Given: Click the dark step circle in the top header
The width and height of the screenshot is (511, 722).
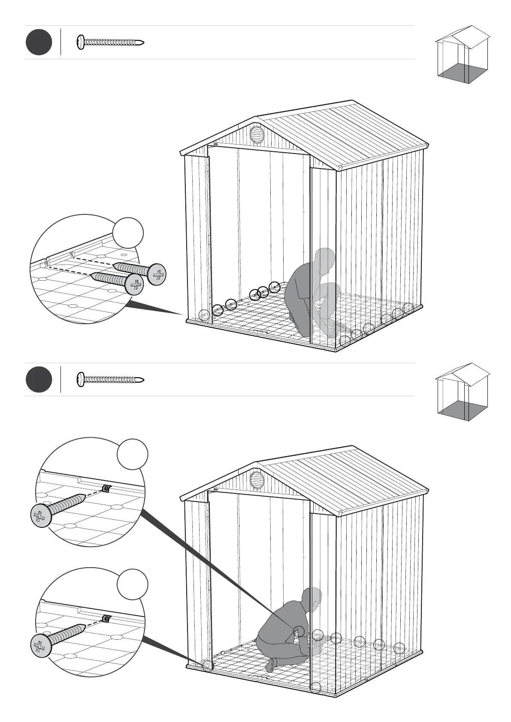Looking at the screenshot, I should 39,42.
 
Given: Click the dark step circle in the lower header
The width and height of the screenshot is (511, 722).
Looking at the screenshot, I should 39,379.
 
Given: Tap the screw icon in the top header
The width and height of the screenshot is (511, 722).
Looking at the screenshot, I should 110,42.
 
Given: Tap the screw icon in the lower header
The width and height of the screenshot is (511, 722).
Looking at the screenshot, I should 110,379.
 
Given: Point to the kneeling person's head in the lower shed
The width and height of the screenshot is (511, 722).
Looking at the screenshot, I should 312,599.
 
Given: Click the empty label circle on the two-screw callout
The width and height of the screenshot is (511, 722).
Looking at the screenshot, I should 128,232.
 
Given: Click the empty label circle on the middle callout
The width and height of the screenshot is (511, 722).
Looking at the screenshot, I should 133,454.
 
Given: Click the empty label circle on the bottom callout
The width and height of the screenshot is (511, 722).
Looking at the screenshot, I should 133,584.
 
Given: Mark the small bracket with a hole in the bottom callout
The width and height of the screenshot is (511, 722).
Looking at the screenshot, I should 106,618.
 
